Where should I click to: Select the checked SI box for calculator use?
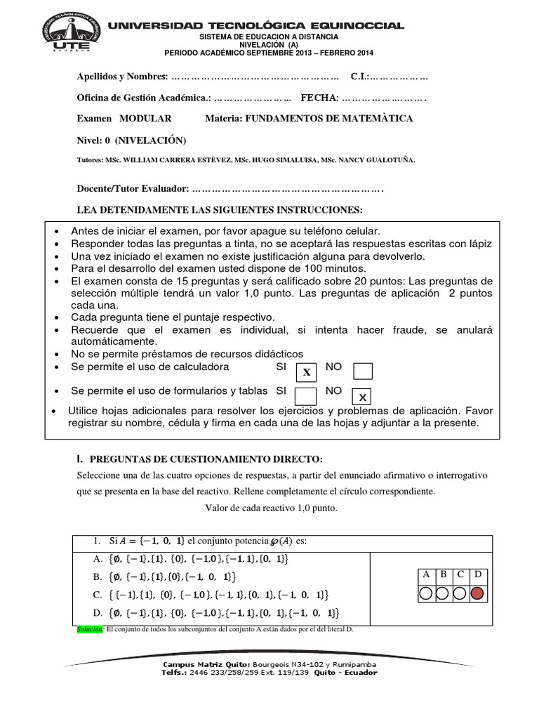306,372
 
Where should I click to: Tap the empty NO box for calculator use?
363,371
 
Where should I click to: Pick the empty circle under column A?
425,593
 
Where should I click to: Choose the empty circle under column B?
442,593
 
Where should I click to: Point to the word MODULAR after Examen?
145,119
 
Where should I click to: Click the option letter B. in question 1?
97,576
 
